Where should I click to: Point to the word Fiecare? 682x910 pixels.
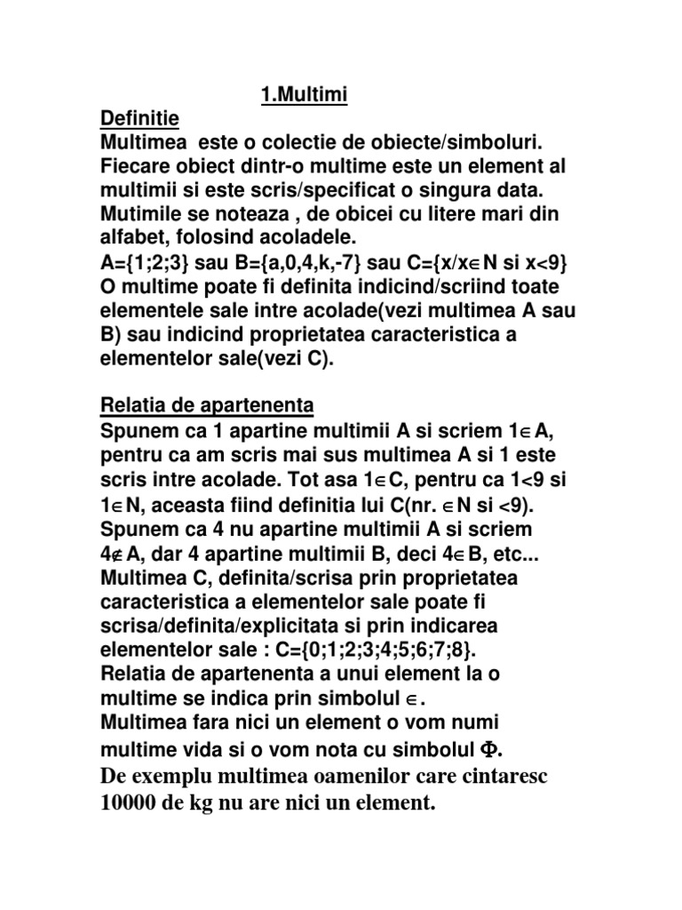[x=138, y=166]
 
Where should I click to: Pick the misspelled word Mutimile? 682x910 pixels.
[x=141, y=215]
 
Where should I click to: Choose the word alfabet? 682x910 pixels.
[x=132, y=239]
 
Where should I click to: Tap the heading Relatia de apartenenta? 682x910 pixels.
[x=206, y=406]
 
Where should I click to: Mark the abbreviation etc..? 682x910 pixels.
[x=521, y=553]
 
